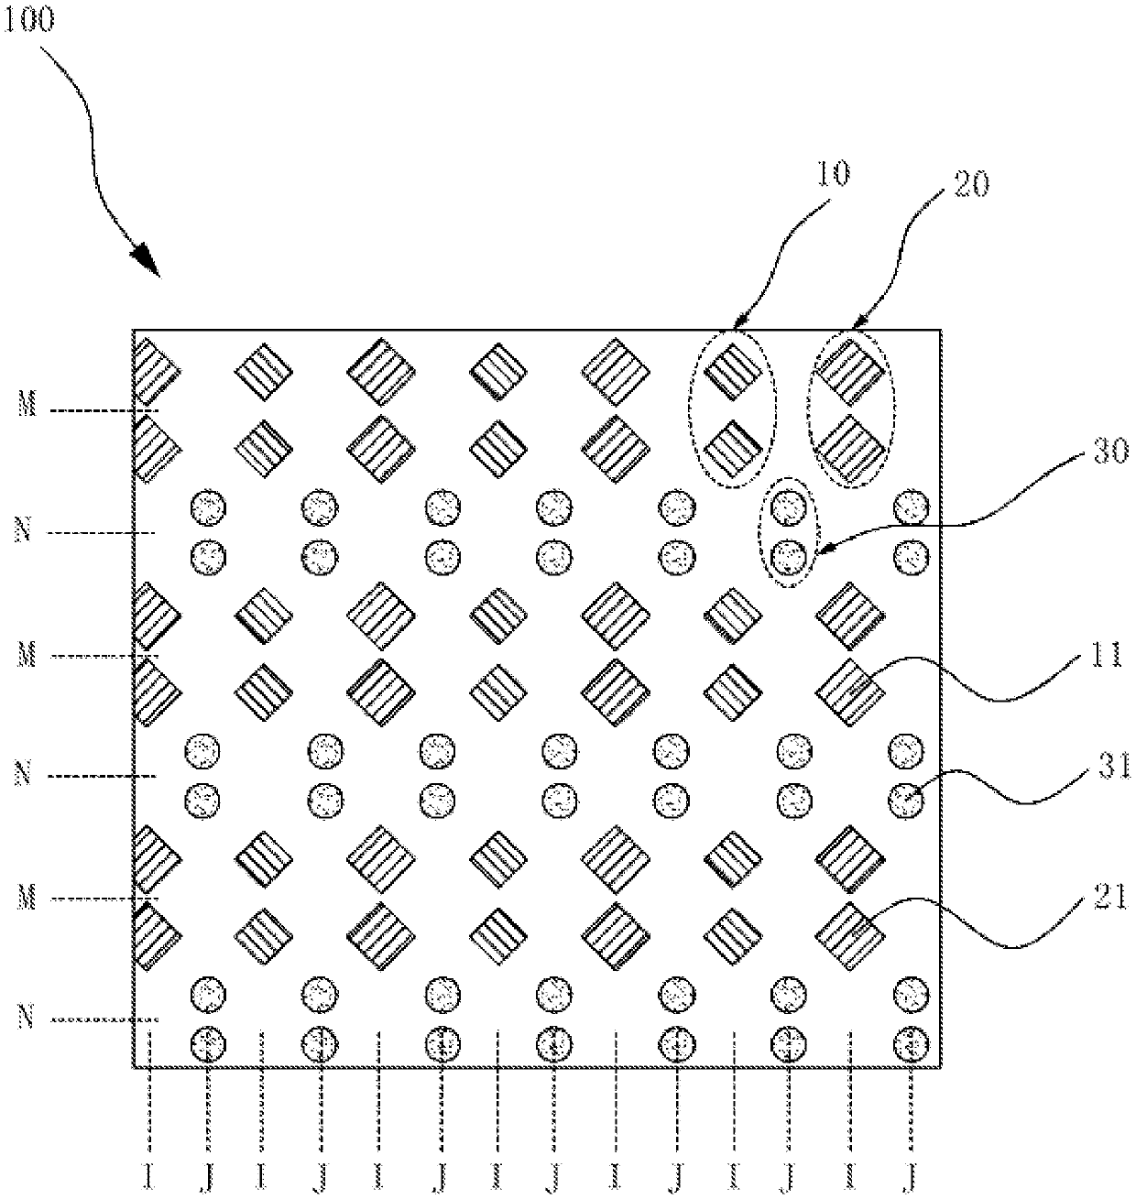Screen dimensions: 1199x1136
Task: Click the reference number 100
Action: point(28,20)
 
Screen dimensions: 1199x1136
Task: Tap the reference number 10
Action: point(836,173)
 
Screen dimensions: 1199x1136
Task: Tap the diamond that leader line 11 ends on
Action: point(849,692)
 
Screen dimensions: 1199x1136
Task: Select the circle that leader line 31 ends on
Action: point(908,802)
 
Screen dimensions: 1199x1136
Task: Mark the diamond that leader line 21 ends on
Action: point(849,935)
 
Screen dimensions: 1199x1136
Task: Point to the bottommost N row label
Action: point(27,1017)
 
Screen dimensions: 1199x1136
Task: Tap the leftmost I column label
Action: point(148,1177)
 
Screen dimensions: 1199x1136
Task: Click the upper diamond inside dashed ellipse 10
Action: point(734,372)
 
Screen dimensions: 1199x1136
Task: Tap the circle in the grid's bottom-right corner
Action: point(911,1042)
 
